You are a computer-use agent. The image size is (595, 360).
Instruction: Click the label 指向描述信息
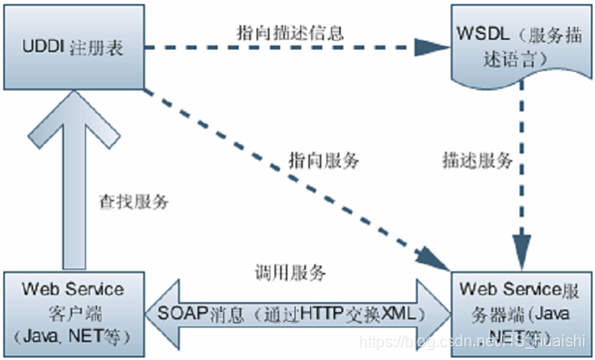(292, 31)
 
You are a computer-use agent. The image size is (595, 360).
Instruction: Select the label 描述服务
(477, 160)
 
